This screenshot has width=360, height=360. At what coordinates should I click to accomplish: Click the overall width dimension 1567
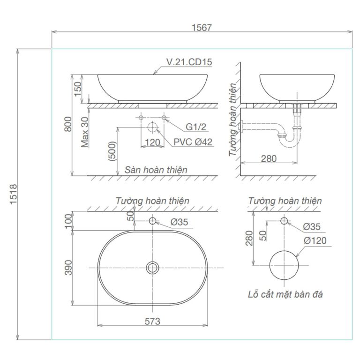point(202,27)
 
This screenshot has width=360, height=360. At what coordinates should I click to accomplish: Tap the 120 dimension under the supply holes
point(152,142)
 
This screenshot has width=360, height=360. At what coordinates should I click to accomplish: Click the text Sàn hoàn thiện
point(156,170)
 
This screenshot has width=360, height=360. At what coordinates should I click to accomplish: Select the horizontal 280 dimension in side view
point(268,158)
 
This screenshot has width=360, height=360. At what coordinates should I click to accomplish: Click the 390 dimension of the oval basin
point(68,267)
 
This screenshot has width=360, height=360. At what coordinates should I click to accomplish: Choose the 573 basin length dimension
point(152,321)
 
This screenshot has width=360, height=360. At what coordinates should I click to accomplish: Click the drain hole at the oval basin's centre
point(152,268)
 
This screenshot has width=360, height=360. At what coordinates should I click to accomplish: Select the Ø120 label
point(315,240)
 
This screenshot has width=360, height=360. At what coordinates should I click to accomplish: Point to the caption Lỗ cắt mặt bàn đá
point(285,294)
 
